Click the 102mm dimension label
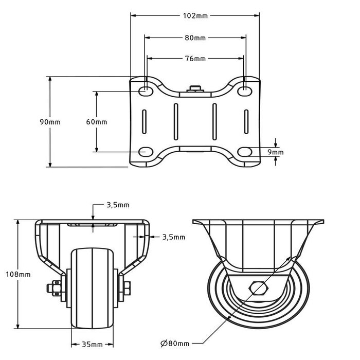click(x=195, y=16)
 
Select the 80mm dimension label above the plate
click(x=195, y=38)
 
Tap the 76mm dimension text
click(x=195, y=59)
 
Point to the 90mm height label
click(x=50, y=122)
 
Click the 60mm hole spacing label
click(x=96, y=122)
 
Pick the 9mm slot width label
click(x=276, y=152)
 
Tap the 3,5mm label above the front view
click(x=117, y=205)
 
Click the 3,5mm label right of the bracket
click(x=173, y=237)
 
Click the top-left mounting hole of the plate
click(x=146, y=91)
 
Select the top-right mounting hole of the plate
click(x=246, y=91)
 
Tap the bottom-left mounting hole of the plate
click(x=146, y=152)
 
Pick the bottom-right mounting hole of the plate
click(x=246, y=152)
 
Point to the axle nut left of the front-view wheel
click(x=53, y=289)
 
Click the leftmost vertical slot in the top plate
click(x=146, y=122)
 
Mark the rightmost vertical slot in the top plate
click(x=246, y=122)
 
